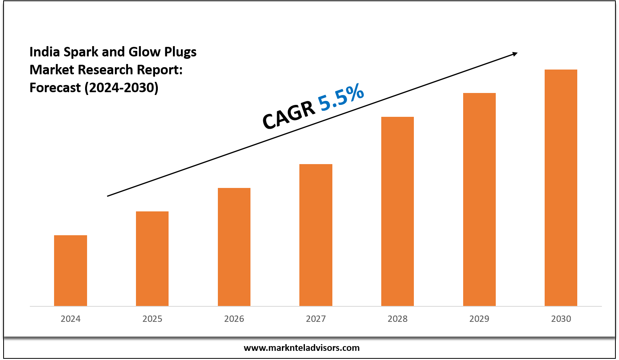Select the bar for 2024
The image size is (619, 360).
[x=70, y=271]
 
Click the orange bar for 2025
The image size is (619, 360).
[x=152, y=259]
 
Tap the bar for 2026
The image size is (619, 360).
[x=234, y=247]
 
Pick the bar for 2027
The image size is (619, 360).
[x=316, y=235]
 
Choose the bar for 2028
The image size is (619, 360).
[x=398, y=211]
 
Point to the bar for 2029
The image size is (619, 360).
[x=479, y=199]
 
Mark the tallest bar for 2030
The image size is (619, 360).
[x=561, y=188]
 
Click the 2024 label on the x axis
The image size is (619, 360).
[x=70, y=319]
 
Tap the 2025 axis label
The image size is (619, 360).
[x=152, y=319]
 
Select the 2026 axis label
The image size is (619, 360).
[x=234, y=319]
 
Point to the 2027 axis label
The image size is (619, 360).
[x=316, y=319]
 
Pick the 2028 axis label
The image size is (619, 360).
[x=398, y=319]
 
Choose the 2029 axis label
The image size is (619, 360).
[x=479, y=319]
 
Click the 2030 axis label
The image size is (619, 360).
[x=561, y=319]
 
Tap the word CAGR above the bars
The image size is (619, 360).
[x=288, y=116]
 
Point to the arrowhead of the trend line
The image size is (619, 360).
[x=515, y=54]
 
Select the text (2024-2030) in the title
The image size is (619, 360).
[x=121, y=87]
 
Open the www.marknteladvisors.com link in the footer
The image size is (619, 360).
[x=301, y=348]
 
